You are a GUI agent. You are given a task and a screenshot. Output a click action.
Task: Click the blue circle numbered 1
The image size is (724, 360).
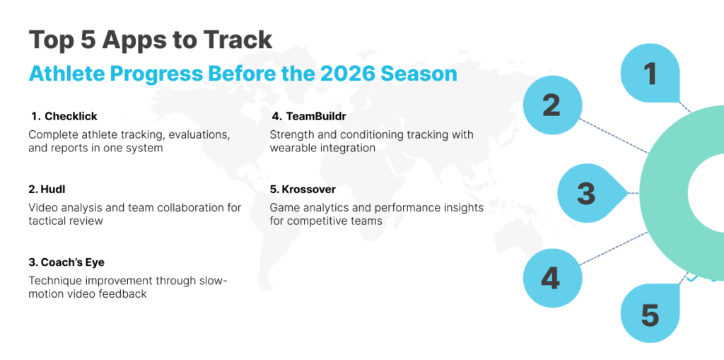pos(650,73)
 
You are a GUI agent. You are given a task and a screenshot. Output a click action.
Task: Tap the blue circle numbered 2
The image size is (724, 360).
pos(551,105)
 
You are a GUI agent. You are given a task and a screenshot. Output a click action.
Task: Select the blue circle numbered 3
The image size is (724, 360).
pos(588,192)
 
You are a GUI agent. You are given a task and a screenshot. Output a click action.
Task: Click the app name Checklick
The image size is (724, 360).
pos(71,116)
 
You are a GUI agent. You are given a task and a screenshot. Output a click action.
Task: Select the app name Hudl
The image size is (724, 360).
pos(49,189)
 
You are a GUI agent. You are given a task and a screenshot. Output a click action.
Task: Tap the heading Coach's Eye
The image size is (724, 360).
pos(73,262)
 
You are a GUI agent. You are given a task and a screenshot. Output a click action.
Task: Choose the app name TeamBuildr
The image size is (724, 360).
pos(316,116)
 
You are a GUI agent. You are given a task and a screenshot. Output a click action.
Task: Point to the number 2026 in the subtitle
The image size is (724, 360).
pos(353,74)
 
